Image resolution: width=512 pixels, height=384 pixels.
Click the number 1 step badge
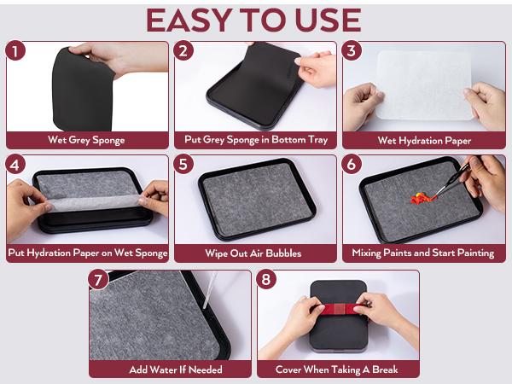pos(15,51)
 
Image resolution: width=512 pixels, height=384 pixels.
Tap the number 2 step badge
pos(183,51)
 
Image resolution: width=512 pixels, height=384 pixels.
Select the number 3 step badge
pos(352,51)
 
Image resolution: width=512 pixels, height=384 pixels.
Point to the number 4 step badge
pos(15,164)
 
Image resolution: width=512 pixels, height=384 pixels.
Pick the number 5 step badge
pos(183,164)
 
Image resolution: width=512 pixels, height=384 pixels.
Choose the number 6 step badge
pos(352,164)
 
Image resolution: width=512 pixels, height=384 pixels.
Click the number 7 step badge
pos(98,280)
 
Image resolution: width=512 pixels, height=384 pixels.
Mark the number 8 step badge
pos(266,280)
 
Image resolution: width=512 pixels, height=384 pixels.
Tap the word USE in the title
pos(329,20)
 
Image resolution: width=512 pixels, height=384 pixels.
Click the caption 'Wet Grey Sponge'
pos(86,140)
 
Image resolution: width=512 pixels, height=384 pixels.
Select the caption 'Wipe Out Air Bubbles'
pos(253,253)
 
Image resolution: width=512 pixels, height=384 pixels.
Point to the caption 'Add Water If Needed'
pos(176,369)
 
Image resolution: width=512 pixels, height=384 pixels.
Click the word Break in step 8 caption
pos(385,369)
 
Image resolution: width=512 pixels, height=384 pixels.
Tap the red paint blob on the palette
pos(422,198)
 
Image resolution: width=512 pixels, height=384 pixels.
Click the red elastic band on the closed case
pos(338,309)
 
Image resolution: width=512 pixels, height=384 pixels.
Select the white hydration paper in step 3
pos(424,85)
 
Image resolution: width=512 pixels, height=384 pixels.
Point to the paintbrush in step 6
pos(452,181)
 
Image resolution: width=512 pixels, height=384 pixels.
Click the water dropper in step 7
pos(210,291)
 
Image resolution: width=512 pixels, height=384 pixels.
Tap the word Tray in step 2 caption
pos(318,140)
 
